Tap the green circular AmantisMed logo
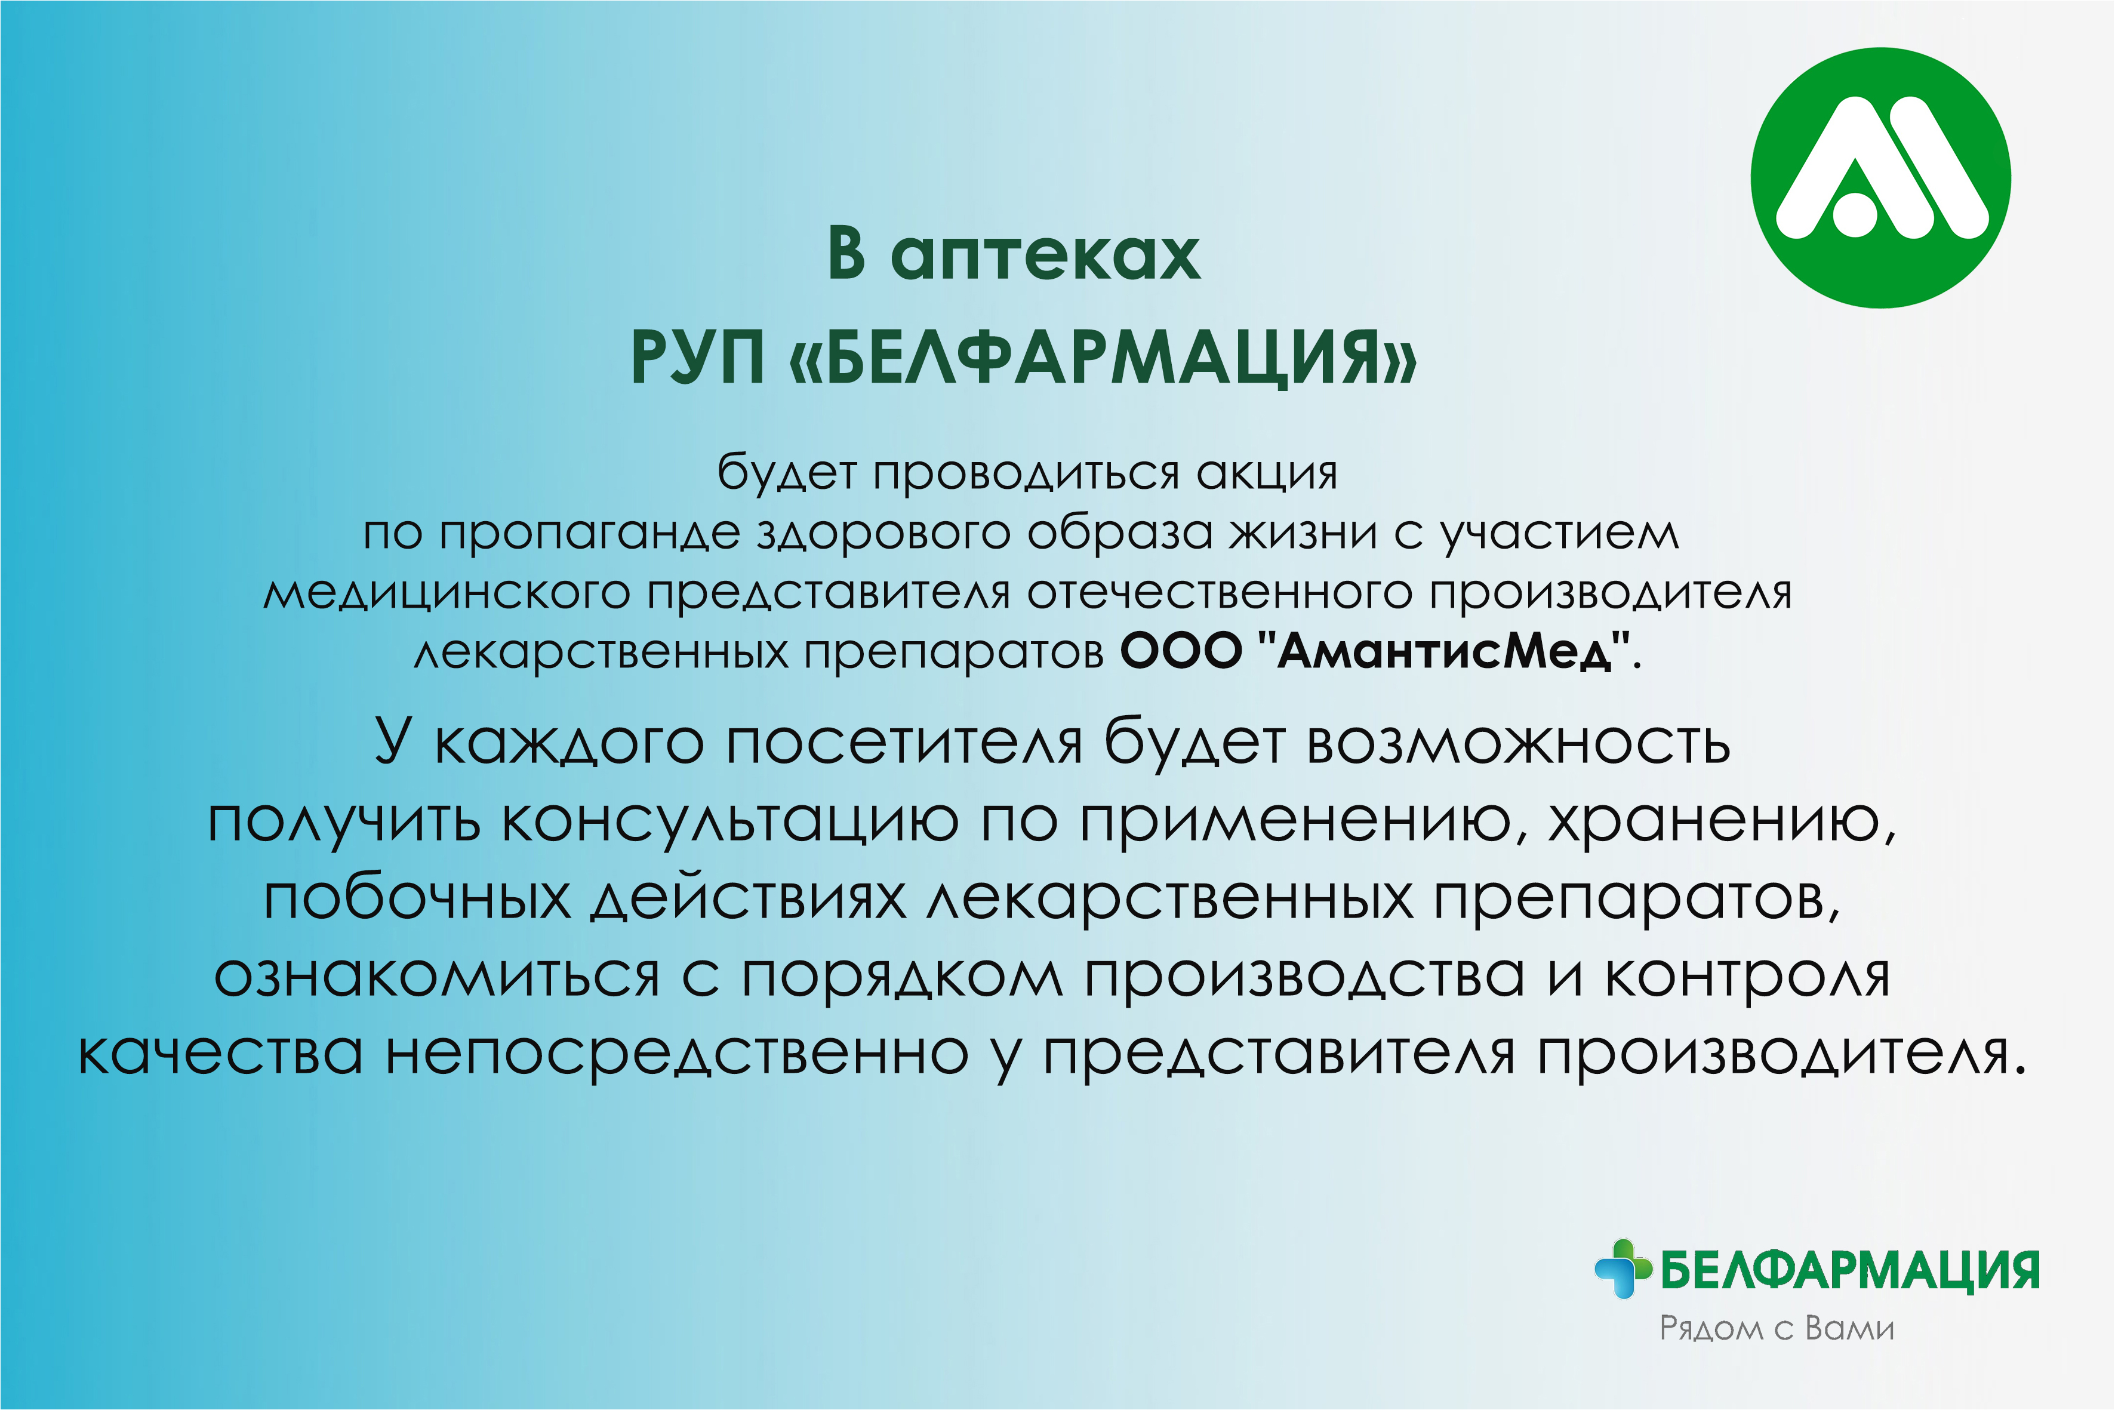click(1880, 178)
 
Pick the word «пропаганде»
click(590, 532)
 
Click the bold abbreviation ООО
click(1181, 650)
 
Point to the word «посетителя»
click(904, 743)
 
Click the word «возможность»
click(1519, 743)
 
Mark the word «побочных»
click(417, 897)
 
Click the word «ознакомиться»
click(437, 975)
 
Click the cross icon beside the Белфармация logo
click(1623, 1269)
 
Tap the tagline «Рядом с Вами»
click(1777, 1329)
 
